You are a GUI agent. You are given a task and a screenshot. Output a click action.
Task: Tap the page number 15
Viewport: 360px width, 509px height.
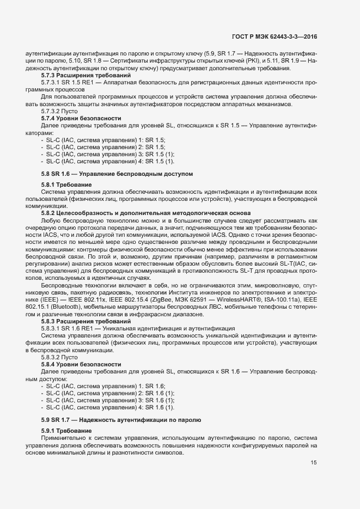[x=314, y=463]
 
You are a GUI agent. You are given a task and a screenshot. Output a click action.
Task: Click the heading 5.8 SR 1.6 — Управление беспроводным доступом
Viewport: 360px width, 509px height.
[x=117, y=173]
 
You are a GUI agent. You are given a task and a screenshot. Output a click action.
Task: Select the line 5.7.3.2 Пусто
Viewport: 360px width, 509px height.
[x=59, y=111]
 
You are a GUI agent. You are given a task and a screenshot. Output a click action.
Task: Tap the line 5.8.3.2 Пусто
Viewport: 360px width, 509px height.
[x=59, y=357]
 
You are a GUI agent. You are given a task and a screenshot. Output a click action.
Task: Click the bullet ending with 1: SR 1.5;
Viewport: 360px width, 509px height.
[x=103, y=139]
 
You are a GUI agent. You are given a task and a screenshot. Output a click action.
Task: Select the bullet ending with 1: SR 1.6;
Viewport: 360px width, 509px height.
[x=103, y=386]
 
